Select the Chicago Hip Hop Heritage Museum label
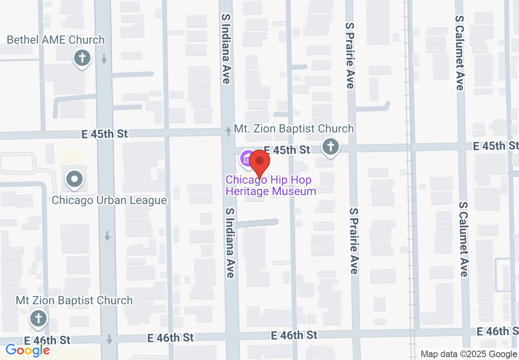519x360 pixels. [x=271, y=185]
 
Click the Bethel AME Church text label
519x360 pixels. [x=56, y=40]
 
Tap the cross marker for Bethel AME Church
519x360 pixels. [x=82, y=58]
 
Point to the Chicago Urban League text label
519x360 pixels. [x=109, y=200]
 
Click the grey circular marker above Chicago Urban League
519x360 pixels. [x=74, y=179]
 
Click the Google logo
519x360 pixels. [x=27, y=350]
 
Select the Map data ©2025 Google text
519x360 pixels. [x=469, y=354]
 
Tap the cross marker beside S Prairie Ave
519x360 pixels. [x=331, y=146]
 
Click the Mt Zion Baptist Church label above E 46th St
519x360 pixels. [x=74, y=300]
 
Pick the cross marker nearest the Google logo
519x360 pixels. [x=38, y=318]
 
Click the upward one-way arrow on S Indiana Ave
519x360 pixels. [x=228, y=131]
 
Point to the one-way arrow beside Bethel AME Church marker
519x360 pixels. [x=104, y=59]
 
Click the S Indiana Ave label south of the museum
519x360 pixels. [x=230, y=242]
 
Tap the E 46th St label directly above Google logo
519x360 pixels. [x=47, y=340]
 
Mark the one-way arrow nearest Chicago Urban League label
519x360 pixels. [x=107, y=236]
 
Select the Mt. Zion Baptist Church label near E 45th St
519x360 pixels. [x=293, y=128]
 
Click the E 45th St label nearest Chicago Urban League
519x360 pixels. [x=105, y=134]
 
